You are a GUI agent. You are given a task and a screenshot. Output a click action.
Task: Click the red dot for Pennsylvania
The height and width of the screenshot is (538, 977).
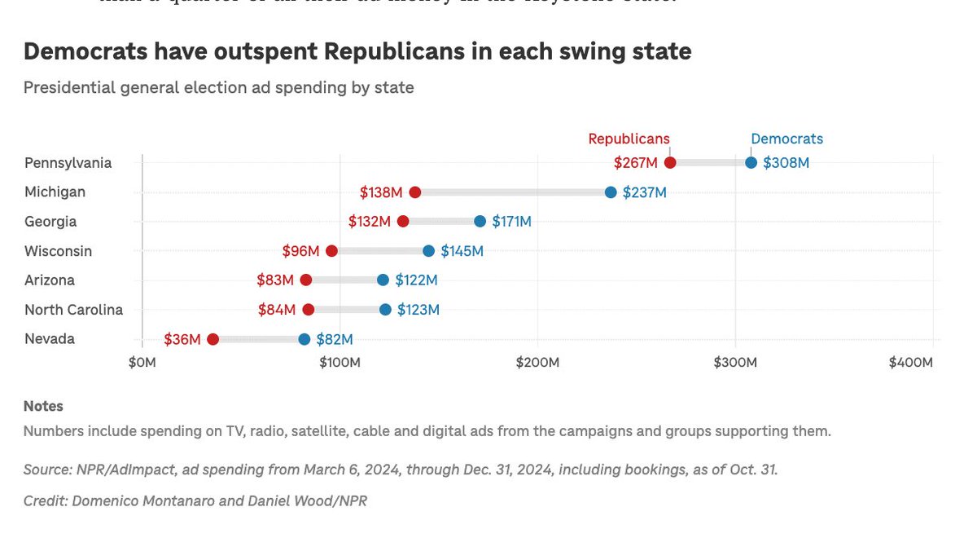coord(670,163)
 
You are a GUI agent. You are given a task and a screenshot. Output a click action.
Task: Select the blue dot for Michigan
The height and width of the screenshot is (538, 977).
coord(611,192)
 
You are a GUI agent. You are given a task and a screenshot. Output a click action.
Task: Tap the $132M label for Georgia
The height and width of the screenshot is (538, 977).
coord(370,222)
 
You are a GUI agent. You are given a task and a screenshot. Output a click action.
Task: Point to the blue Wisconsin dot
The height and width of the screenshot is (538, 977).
coord(428,251)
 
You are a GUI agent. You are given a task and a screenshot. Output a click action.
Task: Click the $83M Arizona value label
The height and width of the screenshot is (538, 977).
coord(274,280)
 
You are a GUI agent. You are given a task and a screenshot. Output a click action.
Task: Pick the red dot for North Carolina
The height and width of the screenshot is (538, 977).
coord(308,310)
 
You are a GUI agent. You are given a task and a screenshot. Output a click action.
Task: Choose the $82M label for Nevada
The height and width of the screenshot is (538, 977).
coord(335,339)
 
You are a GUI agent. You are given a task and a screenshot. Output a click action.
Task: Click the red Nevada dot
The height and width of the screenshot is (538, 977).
coord(212,339)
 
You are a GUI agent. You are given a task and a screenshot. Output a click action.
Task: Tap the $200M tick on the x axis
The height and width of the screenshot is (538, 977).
coord(537,362)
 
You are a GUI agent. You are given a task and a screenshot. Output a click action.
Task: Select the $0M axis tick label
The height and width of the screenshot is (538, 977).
coord(142,362)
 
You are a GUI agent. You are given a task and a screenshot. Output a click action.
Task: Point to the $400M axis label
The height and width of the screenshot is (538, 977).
coord(909,362)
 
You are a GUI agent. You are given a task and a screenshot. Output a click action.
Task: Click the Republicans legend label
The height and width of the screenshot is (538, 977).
coord(629,139)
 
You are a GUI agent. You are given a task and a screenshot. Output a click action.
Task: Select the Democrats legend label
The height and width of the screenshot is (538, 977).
coord(786,139)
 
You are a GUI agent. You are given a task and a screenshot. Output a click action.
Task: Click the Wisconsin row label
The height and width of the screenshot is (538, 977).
coord(58,251)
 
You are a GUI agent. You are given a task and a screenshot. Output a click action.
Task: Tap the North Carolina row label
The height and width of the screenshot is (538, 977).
coord(73,310)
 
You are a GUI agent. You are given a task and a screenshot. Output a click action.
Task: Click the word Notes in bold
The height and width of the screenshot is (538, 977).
coord(43,406)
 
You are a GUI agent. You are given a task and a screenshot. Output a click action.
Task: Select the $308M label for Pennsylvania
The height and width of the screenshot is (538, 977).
coord(786,163)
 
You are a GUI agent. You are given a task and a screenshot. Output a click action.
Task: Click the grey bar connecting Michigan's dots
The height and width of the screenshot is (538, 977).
coord(513,192)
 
